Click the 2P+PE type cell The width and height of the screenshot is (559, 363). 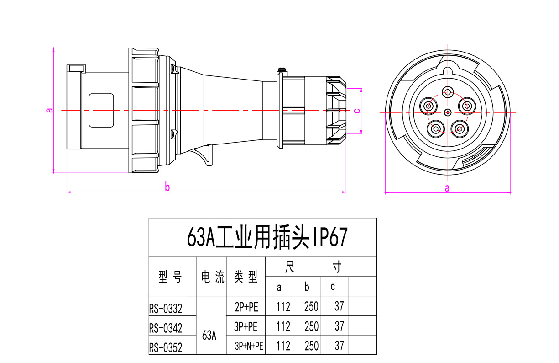point(246,307)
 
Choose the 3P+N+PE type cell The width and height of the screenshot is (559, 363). point(249,346)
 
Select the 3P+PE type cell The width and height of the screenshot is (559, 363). point(246,326)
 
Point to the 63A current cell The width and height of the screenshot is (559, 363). point(209,335)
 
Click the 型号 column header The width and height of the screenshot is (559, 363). point(170,277)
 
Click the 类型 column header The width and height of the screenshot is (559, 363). point(246,277)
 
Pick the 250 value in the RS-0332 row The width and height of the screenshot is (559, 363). point(311,306)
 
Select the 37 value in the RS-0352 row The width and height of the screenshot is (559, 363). point(339,346)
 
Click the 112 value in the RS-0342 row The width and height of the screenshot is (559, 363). point(283,326)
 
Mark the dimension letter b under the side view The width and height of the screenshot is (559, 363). point(167,187)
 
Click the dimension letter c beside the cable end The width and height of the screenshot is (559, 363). point(358,110)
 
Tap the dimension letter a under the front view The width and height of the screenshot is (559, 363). point(447,188)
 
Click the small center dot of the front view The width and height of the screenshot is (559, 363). point(448,112)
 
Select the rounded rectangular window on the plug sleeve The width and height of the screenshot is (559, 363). point(101,110)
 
